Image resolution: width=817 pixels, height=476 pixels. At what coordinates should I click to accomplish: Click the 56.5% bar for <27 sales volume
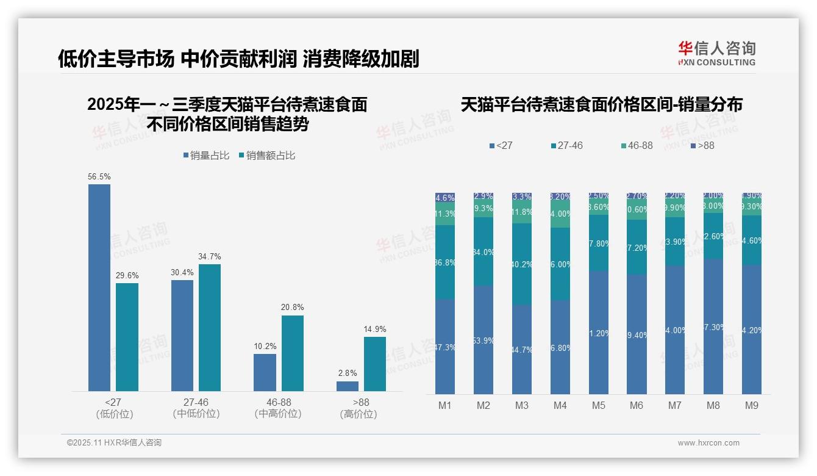click(99, 287)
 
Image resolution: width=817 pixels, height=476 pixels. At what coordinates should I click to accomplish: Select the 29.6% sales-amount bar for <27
click(127, 337)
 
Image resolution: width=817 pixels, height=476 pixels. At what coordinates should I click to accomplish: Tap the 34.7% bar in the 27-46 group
click(210, 327)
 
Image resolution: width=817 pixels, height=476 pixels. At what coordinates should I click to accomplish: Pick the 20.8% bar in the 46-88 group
click(292, 353)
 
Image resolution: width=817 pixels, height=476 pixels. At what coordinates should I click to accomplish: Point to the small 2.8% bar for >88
click(348, 386)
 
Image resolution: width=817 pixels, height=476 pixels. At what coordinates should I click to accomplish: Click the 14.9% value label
click(374, 330)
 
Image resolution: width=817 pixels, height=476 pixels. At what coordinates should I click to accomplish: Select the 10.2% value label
click(265, 347)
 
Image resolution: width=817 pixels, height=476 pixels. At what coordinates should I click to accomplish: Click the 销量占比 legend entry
click(206, 156)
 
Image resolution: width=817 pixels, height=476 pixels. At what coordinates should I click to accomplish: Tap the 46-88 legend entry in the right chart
click(637, 146)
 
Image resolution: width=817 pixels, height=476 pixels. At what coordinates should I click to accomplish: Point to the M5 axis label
click(598, 405)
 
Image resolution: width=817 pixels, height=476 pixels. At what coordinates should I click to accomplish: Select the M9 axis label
click(751, 405)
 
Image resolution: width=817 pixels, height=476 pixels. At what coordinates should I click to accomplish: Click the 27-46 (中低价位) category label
click(196, 408)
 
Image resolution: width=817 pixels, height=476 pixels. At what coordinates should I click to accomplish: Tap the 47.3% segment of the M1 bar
click(445, 346)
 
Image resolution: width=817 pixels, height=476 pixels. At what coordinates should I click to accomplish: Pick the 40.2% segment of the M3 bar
click(522, 264)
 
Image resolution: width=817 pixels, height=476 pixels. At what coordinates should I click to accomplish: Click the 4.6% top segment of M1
click(445, 198)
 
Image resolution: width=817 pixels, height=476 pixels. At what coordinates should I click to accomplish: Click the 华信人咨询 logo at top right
click(716, 53)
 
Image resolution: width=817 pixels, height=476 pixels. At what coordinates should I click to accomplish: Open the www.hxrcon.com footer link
click(708, 443)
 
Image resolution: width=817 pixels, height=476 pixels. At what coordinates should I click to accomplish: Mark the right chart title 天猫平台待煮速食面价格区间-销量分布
click(601, 104)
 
